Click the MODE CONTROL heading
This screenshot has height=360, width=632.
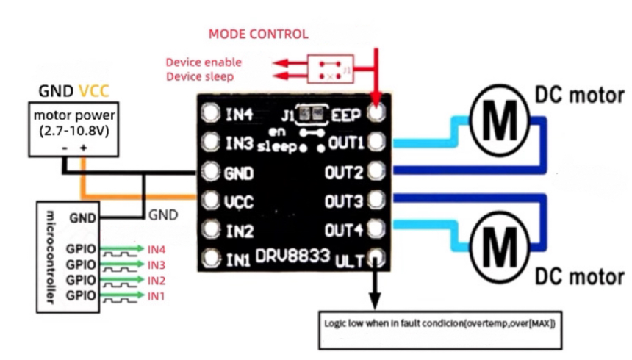[258, 34]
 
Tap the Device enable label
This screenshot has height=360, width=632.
[203, 62]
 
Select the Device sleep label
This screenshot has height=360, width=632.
[199, 76]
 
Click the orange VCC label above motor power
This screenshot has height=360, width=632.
[93, 92]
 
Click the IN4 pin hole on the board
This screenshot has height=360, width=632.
[212, 114]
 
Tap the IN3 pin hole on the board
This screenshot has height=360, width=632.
[212, 143]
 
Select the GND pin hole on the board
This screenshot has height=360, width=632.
[212, 173]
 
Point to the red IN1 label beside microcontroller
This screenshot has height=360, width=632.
[157, 295]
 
